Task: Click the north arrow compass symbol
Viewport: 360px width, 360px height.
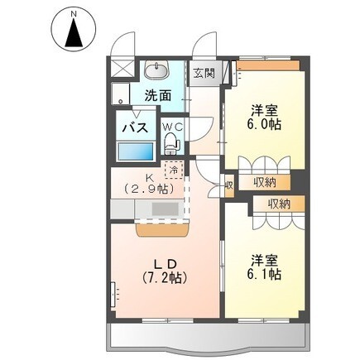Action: point(74,30)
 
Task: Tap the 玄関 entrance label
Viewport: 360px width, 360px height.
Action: point(204,73)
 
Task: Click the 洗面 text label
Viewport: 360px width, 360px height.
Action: point(158,96)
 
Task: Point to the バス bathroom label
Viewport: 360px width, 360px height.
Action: point(135,128)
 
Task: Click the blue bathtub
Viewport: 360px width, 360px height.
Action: point(136,151)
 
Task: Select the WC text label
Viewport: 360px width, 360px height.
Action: point(172,127)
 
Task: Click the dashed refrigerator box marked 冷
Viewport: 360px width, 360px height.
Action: point(174,170)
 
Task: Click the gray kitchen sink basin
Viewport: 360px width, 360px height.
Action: point(166,209)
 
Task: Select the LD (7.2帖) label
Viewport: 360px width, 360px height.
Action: point(165,271)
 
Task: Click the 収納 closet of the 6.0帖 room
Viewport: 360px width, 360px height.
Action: point(264,182)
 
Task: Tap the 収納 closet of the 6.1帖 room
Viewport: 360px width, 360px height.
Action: point(279,204)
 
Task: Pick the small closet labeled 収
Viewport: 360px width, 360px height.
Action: point(228,185)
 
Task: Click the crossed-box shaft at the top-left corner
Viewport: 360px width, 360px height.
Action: point(121,68)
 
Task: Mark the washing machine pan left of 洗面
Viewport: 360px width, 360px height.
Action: point(120,94)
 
